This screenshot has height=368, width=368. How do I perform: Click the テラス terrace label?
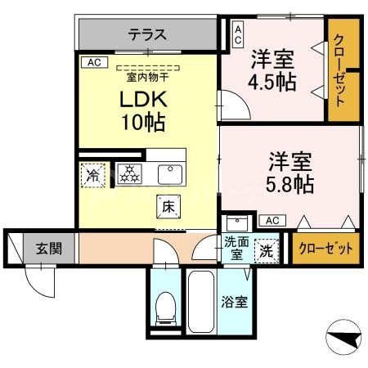click(147, 35)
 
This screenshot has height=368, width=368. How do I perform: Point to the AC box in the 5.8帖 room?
click(272, 220)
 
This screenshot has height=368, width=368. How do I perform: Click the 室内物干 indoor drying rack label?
click(147, 78)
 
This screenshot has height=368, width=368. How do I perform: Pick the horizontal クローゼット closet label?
click(325, 247)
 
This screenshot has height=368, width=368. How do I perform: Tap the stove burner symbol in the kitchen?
click(128, 173)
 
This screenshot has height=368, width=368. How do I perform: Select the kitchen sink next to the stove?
click(169, 173)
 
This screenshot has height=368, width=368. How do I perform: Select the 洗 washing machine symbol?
click(266, 250)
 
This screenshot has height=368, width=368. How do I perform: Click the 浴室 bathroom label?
click(235, 302)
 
